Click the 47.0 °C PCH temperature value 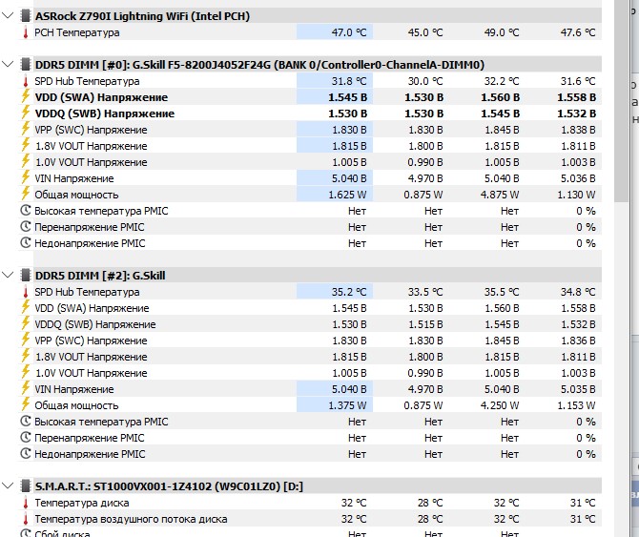pyautogui.click(x=347, y=32)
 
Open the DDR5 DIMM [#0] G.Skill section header pyautogui.click(x=258, y=65)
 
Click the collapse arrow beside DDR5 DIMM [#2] pyautogui.click(x=10, y=276)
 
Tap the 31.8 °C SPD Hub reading pyautogui.click(x=347, y=81)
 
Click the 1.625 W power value pyautogui.click(x=347, y=195)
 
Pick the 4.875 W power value pyautogui.click(x=500, y=195)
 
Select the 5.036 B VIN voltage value pyautogui.click(x=576, y=178)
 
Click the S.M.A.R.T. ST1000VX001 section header pyautogui.click(x=168, y=486)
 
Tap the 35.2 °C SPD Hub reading pyautogui.click(x=347, y=292)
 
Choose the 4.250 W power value pyautogui.click(x=500, y=405)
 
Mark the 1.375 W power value pyautogui.click(x=347, y=405)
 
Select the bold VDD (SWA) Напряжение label pyautogui.click(x=100, y=97)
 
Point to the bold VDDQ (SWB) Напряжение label pyautogui.click(x=104, y=114)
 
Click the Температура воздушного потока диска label pyautogui.click(x=131, y=519)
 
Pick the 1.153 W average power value pyautogui.click(x=576, y=405)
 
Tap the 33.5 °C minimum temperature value pyautogui.click(x=423, y=292)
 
